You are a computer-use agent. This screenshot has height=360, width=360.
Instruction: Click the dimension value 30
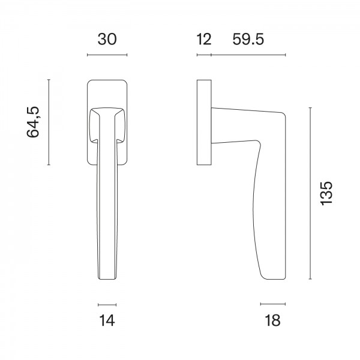click(x=107, y=40)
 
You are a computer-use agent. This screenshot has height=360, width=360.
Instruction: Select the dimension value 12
click(x=203, y=40)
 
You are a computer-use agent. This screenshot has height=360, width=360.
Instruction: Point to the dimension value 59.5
click(x=248, y=40)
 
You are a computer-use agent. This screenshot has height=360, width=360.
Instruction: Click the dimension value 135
click(x=326, y=193)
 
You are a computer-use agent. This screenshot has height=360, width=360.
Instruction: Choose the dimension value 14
click(x=107, y=320)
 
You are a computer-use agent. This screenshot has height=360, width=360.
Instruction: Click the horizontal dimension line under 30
click(x=107, y=56)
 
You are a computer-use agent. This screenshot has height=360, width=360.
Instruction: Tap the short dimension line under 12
click(x=204, y=56)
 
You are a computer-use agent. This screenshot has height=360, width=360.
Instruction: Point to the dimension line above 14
click(x=107, y=304)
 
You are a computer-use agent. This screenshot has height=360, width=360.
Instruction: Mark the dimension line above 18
click(x=271, y=304)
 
